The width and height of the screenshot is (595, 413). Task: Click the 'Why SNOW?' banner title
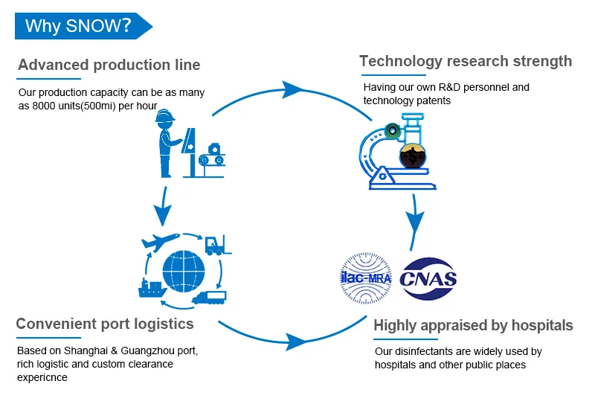coord(78,26)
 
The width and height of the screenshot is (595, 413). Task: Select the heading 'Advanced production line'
coord(109,65)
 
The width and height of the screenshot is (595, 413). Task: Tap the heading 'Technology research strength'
coord(466,61)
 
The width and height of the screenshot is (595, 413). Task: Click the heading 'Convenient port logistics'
coord(105,324)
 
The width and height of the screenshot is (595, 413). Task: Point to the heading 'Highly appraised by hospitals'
coord(473,325)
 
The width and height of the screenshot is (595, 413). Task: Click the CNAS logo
coord(428,279)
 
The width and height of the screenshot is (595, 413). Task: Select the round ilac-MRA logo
coord(366,280)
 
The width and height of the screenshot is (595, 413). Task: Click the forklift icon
coord(217,245)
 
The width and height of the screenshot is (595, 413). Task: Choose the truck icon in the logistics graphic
coord(210,297)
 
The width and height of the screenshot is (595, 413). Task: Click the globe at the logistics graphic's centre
coord(182,269)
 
